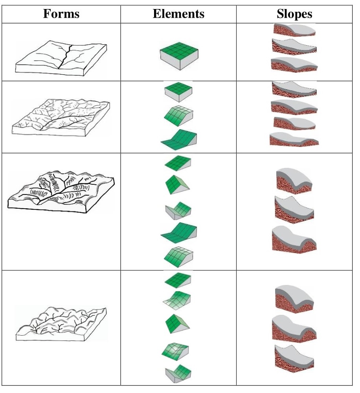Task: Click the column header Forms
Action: coord(61,14)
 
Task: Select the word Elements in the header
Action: coord(178,14)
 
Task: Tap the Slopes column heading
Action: coord(294,14)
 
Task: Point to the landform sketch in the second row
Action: coord(61,117)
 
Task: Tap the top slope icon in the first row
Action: coord(294,30)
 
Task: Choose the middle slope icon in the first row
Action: coord(294,46)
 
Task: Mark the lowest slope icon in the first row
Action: coord(294,64)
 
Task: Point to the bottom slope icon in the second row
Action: coord(294,140)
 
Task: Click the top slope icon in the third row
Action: coord(294,180)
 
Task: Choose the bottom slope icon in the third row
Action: coord(294,239)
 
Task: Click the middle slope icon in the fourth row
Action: coord(294,328)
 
